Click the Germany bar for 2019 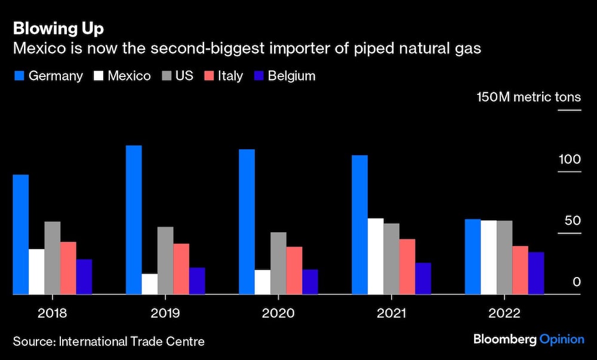click(x=134, y=220)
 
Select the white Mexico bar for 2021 click(x=376, y=256)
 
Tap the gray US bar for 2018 click(x=53, y=258)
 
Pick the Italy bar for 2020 click(x=294, y=270)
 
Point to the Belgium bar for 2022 click(x=536, y=273)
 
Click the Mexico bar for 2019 click(x=149, y=284)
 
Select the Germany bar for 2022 click(x=473, y=257)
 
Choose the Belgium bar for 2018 click(x=84, y=276)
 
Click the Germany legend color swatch click(x=18, y=76)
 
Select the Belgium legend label click(x=291, y=76)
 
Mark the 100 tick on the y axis click(x=569, y=159)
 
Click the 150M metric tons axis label click(x=528, y=97)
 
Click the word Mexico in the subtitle click(x=37, y=49)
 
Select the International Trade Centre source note click(x=109, y=341)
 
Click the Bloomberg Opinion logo click(x=528, y=339)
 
